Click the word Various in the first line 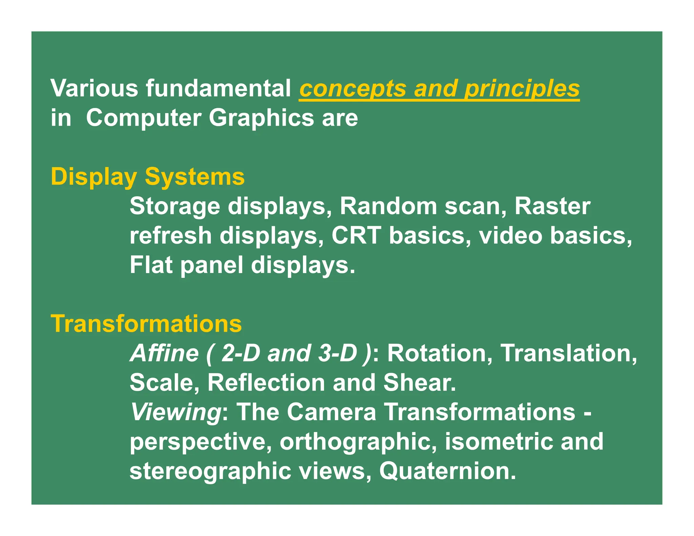(94, 88)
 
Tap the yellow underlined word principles (522, 89)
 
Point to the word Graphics (261, 119)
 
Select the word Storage (175, 206)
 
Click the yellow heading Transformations (146, 324)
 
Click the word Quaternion (447, 471)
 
